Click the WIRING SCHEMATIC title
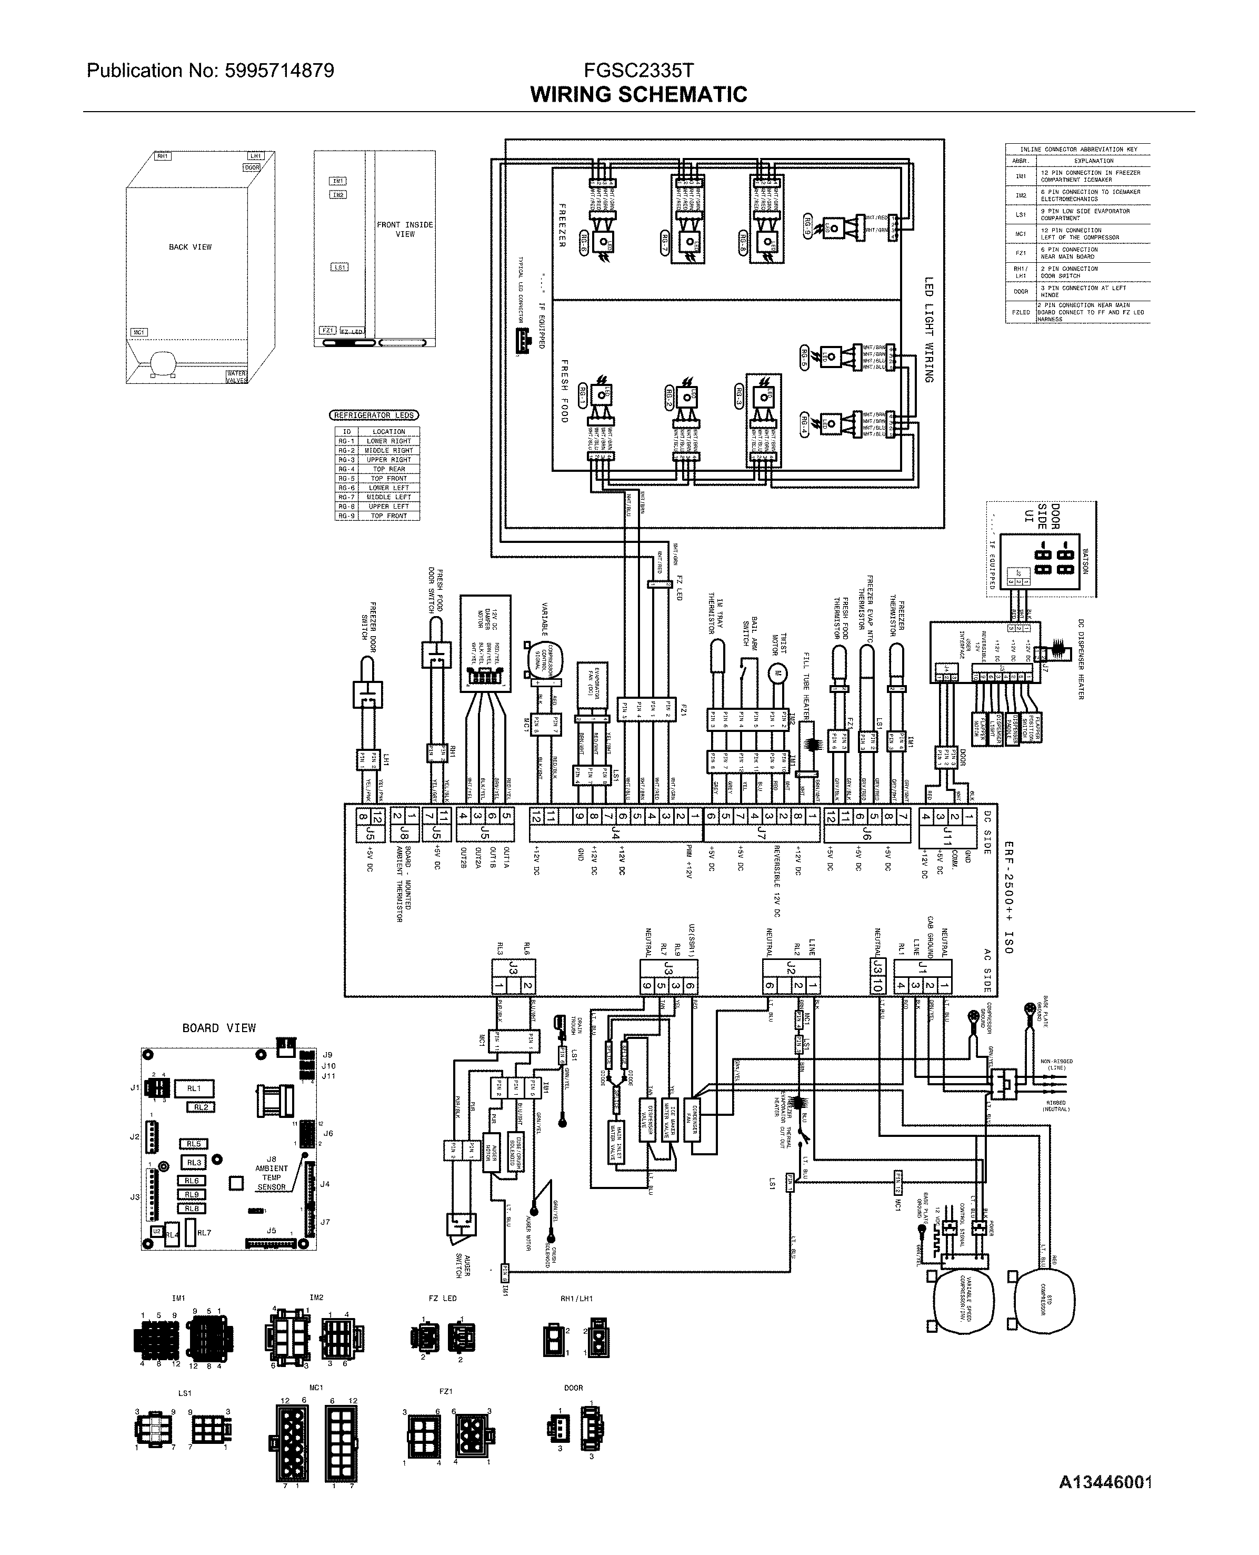coord(638,94)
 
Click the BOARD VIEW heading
coord(219,1027)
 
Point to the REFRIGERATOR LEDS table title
coord(374,415)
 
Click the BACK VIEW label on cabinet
coord(190,247)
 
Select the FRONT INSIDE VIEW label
coord(405,229)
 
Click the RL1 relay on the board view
coord(194,1088)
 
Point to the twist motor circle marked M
coord(777,672)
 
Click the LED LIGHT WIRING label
coord(928,330)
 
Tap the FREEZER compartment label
coord(561,225)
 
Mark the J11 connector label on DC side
coord(947,839)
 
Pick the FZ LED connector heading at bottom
coord(443,1298)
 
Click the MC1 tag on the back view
coord(138,332)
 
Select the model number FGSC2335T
coord(638,71)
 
